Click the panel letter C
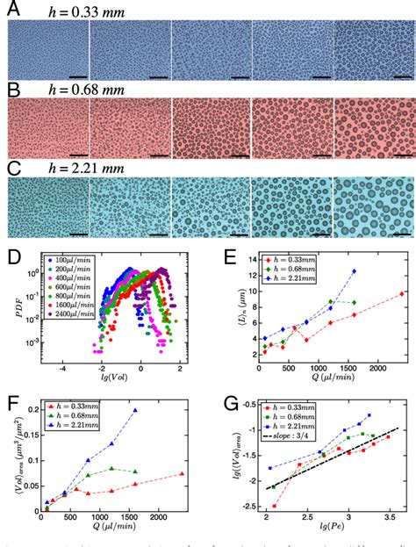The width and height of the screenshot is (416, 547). [x=13, y=164]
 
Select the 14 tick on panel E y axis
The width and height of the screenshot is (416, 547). [x=243, y=263]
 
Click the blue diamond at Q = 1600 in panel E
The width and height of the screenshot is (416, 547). [x=355, y=271]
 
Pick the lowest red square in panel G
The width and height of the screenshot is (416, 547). [x=275, y=506]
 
